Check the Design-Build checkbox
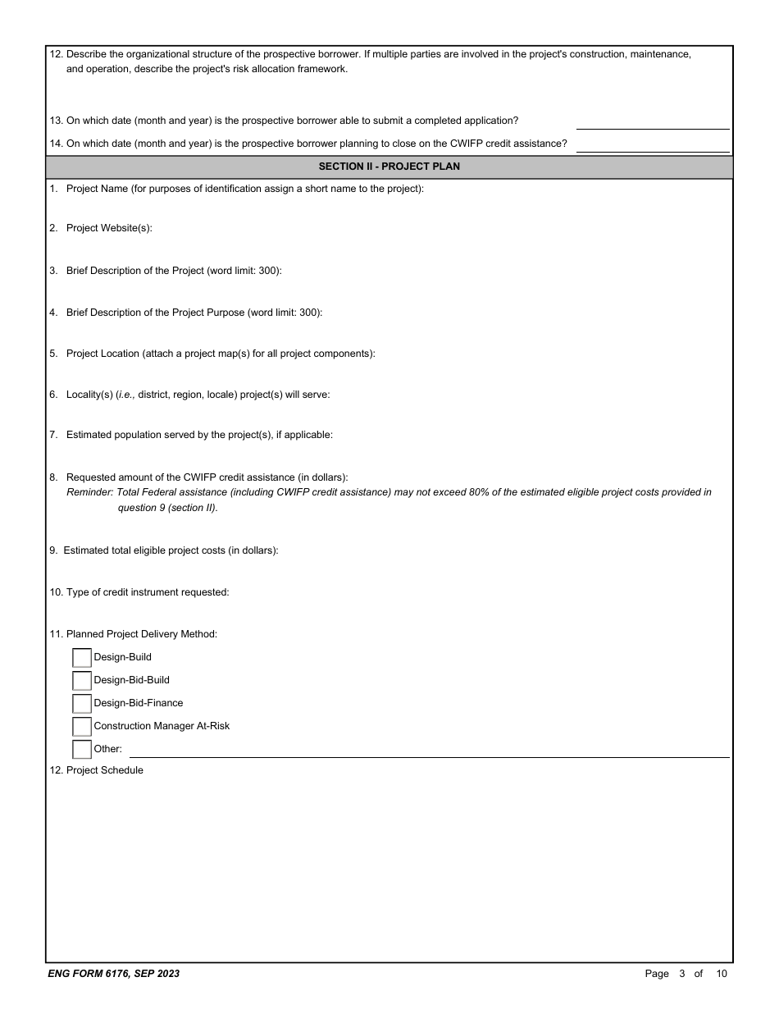(x=82, y=658)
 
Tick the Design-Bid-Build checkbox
(x=82, y=681)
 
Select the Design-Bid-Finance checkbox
(x=82, y=704)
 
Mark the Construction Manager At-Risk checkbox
(x=82, y=727)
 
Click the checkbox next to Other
(x=82, y=750)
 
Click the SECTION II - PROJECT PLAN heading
(x=389, y=167)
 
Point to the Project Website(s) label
(x=109, y=228)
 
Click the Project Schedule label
(x=104, y=770)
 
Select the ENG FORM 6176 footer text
(x=114, y=974)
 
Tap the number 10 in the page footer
(x=721, y=974)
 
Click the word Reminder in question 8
(x=89, y=492)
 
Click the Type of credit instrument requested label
(x=148, y=592)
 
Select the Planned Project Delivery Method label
(x=141, y=634)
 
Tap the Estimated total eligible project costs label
(x=171, y=550)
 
